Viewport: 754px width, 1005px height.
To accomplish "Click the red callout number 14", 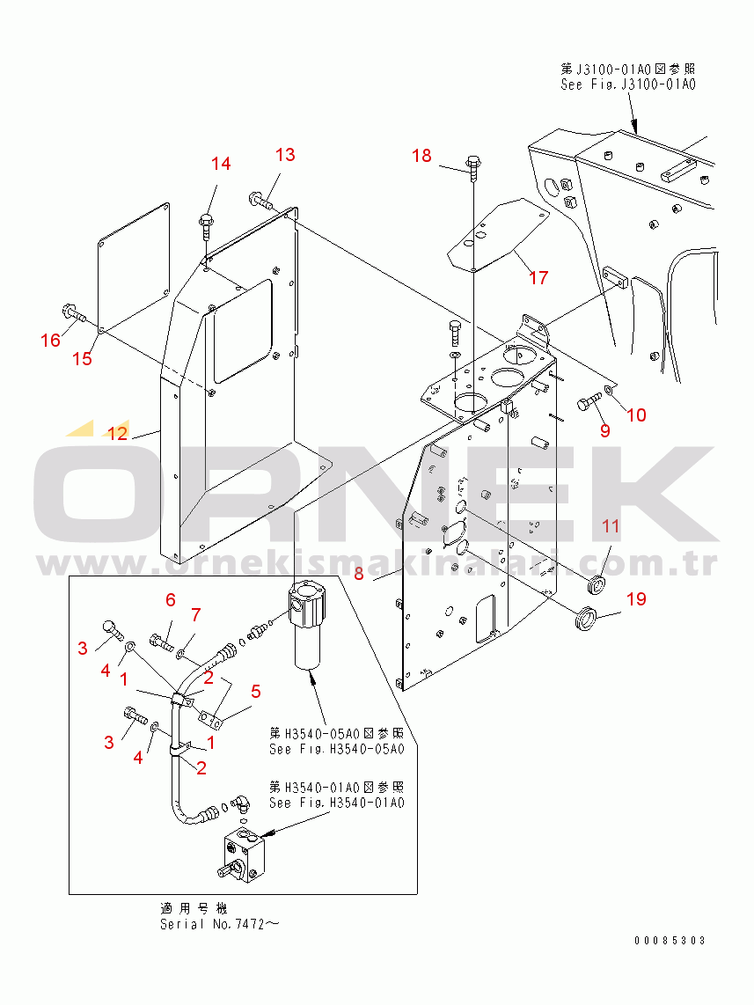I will click(221, 164).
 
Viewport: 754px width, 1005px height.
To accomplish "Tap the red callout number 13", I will click(285, 155).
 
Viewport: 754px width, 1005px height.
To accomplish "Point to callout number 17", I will click(538, 278).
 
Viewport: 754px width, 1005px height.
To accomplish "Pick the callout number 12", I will click(118, 433).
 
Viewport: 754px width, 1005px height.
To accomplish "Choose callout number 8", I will click(358, 575).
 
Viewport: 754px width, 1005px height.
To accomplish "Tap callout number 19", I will click(636, 599).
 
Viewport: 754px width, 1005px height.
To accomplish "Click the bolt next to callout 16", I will click(72, 311).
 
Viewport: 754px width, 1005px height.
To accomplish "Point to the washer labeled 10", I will click(610, 387).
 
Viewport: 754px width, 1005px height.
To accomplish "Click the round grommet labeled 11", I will click(597, 583).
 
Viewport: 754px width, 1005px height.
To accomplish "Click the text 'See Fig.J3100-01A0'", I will click(628, 84).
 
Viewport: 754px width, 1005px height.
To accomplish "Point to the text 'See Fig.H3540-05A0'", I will click(336, 749).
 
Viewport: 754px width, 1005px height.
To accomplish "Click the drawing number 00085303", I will click(670, 941).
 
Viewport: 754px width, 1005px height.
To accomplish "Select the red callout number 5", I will click(255, 691).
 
